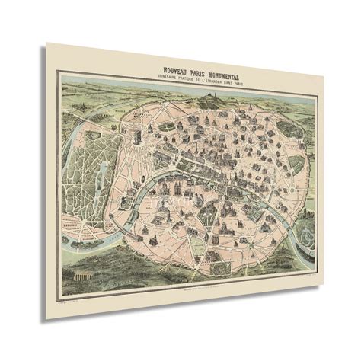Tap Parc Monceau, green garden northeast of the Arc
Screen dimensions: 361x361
[145, 114]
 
